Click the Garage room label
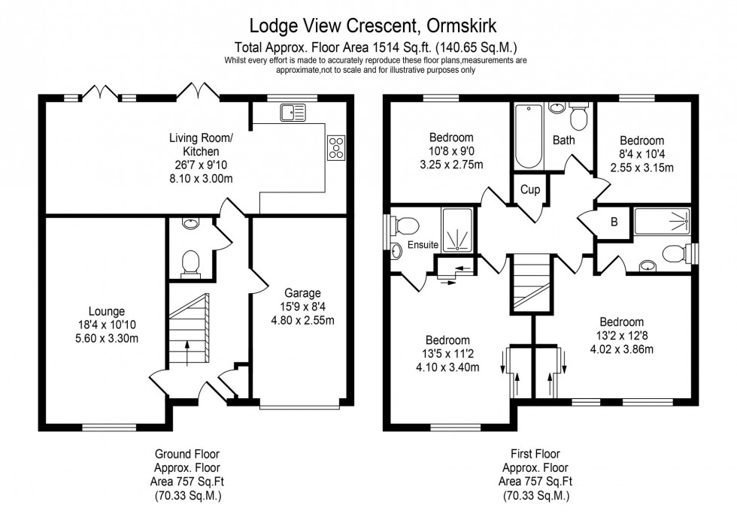point(303,293)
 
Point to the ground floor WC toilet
point(190,262)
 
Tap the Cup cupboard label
point(530,190)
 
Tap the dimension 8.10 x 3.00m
point(202,180)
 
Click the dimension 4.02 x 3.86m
point(621,349)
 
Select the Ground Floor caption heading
point(187,454)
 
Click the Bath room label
point(563,140)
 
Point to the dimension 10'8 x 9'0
point(451,151)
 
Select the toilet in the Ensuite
point(407,225)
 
